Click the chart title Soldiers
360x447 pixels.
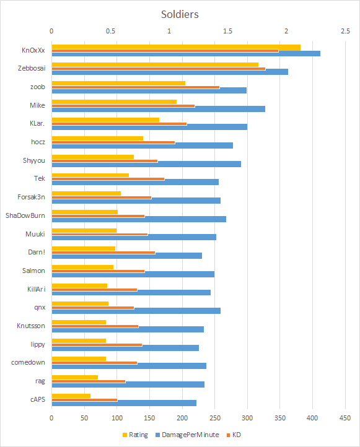(180, 14)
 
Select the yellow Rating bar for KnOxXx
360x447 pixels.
(176, 47)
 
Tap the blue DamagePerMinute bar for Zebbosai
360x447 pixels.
(170, 72)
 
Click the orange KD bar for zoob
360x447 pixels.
(136, 87)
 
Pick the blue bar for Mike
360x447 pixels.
(159, 109)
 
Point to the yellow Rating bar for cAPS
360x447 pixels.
(71, 396)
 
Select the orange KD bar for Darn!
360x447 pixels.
(103, 253)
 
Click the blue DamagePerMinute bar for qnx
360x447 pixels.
(136, 311)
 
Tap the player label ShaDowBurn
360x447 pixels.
(25, 215)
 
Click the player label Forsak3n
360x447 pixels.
(31, 197)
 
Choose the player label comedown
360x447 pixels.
(28, 362)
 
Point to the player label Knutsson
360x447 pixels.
(31, 326)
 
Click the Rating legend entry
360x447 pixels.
(135, 435)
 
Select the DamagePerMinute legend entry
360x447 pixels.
(187, 435)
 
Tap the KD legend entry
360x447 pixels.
(234, 435)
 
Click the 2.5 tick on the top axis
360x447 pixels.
(345, 31)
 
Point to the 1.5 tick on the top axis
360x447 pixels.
(227, 31)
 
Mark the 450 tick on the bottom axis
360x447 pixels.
(345, 418)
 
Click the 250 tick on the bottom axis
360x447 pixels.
(215, 418)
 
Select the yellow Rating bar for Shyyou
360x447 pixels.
(93, 157)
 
